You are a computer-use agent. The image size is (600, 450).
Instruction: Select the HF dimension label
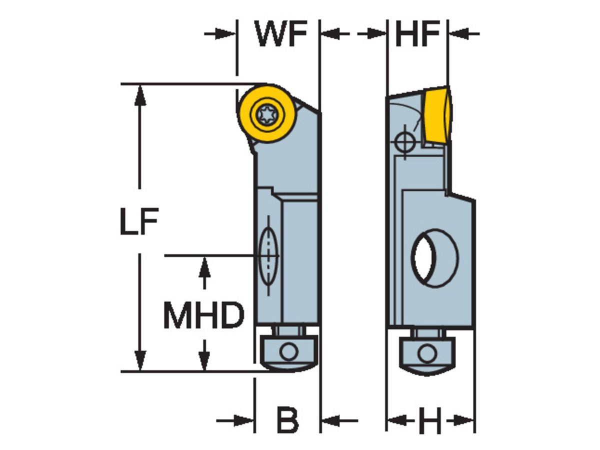coord(416,34)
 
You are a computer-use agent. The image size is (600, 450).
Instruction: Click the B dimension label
coord(287,420)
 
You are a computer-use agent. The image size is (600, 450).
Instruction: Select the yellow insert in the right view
coord(437,116)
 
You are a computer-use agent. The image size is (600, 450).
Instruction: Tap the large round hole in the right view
coord(434,257)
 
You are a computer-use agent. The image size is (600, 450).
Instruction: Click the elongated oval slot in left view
coord(269,255)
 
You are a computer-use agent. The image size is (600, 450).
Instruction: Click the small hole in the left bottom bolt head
coord(288,351)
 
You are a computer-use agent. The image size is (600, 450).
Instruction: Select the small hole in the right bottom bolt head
coord(427,354)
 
